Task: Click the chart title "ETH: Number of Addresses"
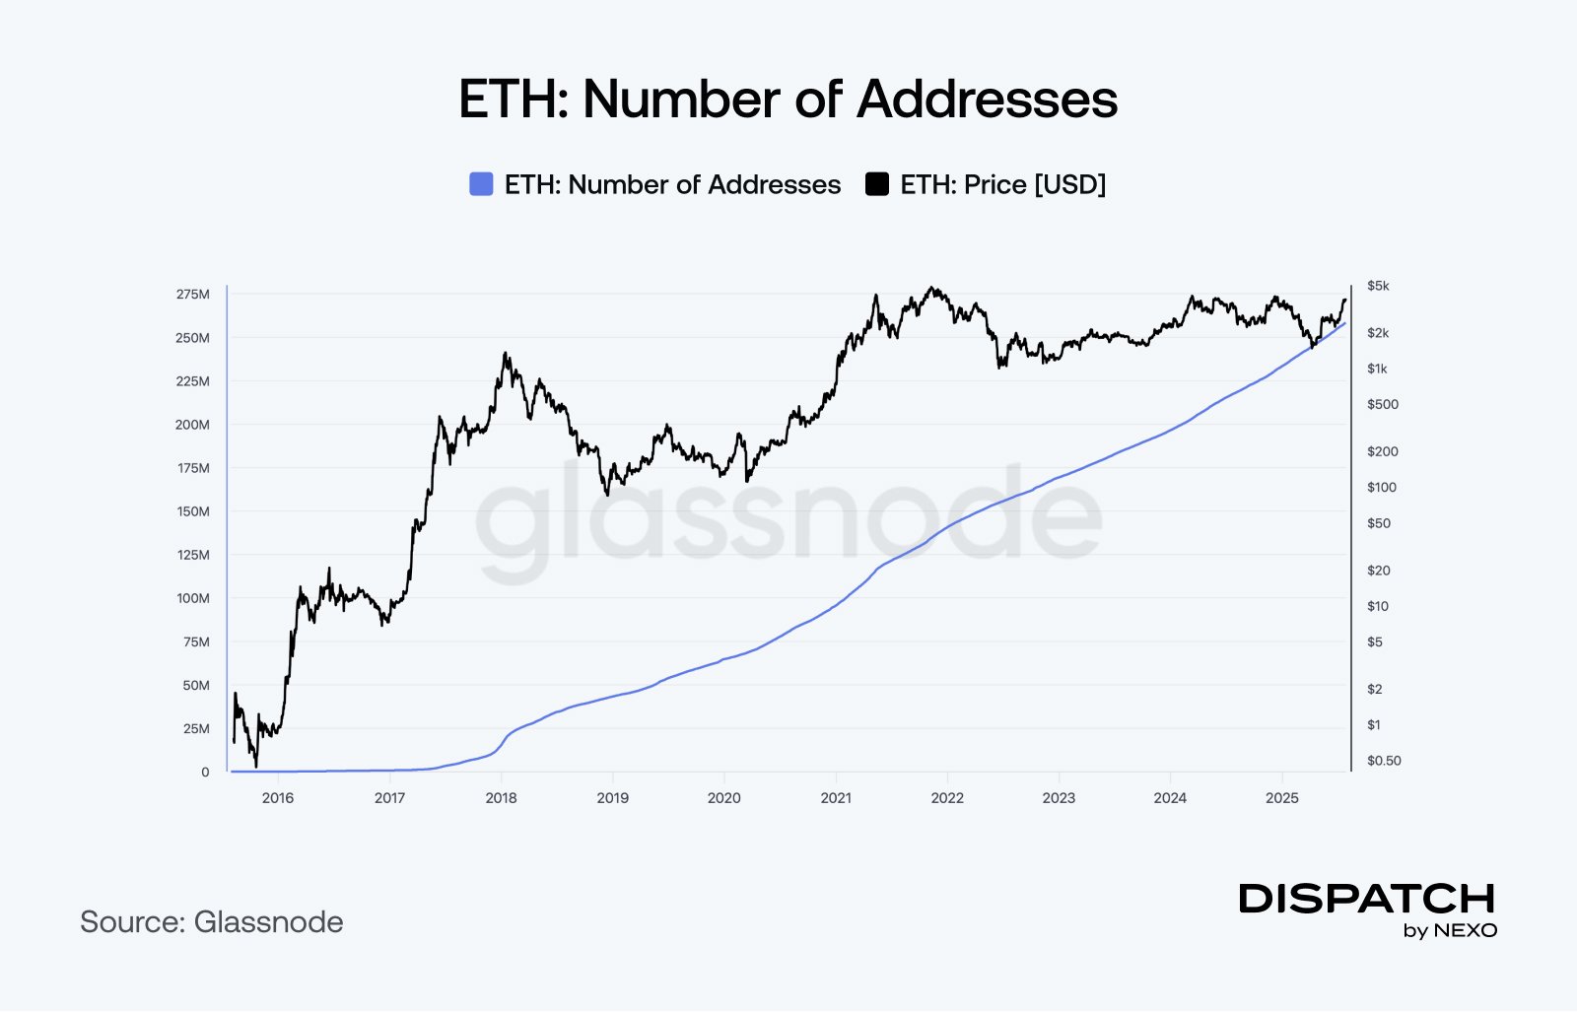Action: click(788, 100)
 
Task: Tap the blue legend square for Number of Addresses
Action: click(481, 184)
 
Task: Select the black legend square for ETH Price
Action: click(876, 184)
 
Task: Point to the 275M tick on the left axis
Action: click(193, 295)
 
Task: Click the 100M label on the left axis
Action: click(193, 598)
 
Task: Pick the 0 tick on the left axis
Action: click(205, 773)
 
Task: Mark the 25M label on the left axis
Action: click(196, 729)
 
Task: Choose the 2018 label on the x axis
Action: click(501, 798)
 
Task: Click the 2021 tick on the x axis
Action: click(836, 798)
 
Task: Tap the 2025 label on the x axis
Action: click(1281, 798)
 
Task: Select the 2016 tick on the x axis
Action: click(278, 798)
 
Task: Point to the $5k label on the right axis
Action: click(1378, 286)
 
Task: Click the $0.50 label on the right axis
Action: click(1384, 761)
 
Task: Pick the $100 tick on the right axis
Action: click(1382, 487)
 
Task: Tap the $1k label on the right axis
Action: click(1377, 369)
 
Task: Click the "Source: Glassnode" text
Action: click(212, 922)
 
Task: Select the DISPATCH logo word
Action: click(1367, 899)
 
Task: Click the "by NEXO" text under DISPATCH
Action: click(1450, 931)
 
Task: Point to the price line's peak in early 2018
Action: click(506, 353)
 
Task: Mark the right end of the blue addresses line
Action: click(1344, 322)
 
